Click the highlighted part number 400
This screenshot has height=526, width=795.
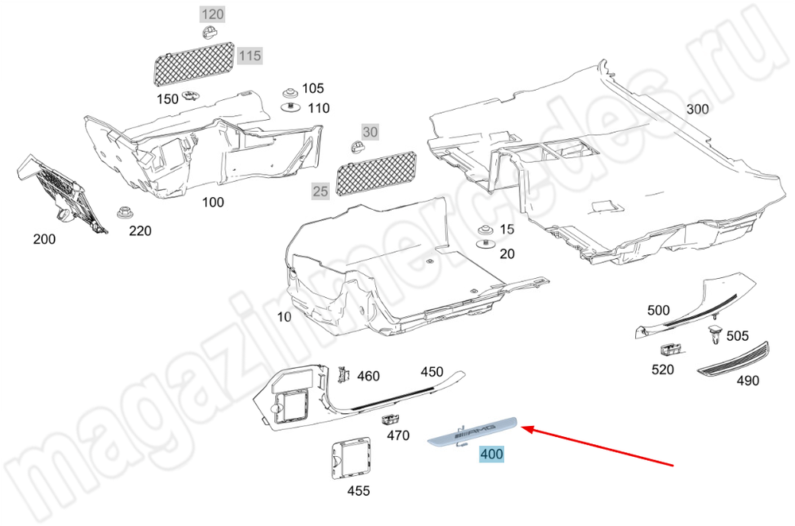click(491, 454)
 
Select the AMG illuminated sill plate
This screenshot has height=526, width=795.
click(472, 431)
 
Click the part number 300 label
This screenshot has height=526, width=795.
click(697, 109)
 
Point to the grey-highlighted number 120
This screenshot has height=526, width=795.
click(212, 14)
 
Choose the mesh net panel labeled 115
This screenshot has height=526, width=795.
click(194, 64)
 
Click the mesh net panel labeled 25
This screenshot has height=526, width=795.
click(376, 174)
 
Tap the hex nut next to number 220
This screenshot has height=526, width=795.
click(123, 212)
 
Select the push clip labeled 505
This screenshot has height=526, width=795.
click(715, 334)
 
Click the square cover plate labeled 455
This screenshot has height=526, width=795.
click(351, 458)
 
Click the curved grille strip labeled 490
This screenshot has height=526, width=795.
click(734, 361)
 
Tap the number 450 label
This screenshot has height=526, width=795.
click(432, 372)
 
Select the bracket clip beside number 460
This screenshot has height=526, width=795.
click(343, 373)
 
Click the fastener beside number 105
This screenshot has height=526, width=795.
click(290, 93)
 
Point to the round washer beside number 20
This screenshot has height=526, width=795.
click(487, 245)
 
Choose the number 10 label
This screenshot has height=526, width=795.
click(284, 317)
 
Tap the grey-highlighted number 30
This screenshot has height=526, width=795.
click(370, 132)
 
